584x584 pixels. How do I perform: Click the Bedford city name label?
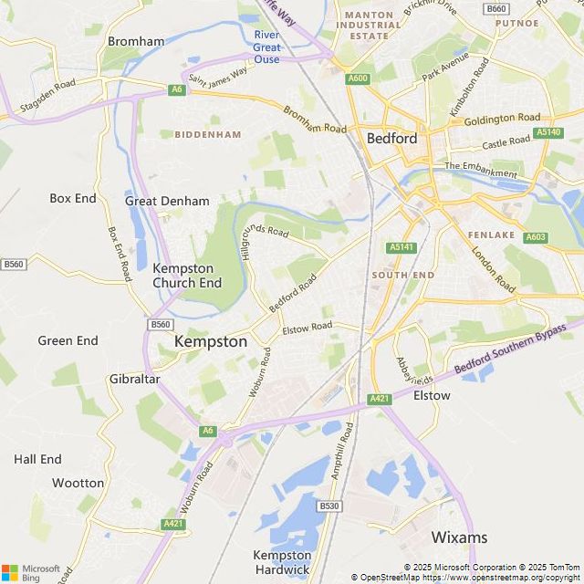391,139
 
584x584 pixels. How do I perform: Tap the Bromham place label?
136,41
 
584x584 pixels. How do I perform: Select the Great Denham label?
167,201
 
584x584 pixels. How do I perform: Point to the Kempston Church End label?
187,276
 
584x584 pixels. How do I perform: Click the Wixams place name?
459,537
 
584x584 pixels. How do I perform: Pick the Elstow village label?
432,395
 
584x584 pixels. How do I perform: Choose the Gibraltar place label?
134,379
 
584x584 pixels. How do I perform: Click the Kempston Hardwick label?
282,562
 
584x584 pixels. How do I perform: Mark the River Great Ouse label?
266,47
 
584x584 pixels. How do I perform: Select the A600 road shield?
358,79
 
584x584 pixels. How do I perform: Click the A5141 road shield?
401,247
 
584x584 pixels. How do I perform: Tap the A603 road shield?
537,237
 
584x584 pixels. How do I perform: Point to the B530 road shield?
329,506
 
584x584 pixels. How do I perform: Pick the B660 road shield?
496,8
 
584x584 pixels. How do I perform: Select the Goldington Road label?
502,119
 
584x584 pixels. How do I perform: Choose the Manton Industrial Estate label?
368,26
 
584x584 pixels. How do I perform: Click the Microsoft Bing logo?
31,572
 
